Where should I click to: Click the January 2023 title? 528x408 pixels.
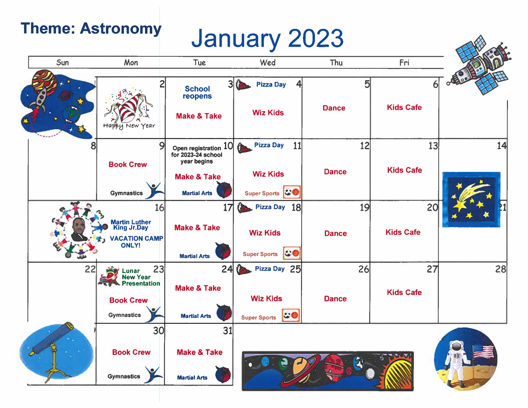tap(267, 38)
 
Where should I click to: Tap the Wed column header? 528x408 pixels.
tap(268, 62)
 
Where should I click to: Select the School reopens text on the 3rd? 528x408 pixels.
tap(197, 92)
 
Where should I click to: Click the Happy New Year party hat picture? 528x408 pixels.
tap(129, 108)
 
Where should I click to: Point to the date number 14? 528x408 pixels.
tap(502, 146)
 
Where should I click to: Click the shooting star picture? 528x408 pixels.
tap(471, 199)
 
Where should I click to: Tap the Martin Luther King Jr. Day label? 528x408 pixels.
tap(131, 225)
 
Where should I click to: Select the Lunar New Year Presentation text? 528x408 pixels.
tap(141, 277)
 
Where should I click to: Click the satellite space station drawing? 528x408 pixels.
tap(479, 65)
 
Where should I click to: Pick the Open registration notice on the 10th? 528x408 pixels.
tap(197, 155)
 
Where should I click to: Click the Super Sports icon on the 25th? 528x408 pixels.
tap(291, 315)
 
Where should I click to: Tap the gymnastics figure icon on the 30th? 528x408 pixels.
tap(153, 375)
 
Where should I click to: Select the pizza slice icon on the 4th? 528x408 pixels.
tap(243, 85)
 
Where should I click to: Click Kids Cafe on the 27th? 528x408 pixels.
tap(404, 292)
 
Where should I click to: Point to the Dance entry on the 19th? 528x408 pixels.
tap(335, 233)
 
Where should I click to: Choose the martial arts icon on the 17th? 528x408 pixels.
tap(223, 250)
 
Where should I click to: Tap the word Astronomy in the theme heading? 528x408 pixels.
tap(121, 29)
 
